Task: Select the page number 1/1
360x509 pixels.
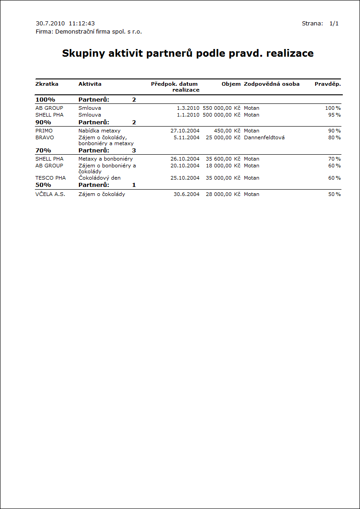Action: coord(334,23)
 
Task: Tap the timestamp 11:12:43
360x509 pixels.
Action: coord(82,23)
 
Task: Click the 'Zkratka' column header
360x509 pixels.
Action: coord(47,84)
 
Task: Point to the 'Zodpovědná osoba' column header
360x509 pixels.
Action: coord(272,84)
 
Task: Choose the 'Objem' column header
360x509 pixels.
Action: coord(231,84)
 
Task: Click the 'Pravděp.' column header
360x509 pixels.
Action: coord(328,84)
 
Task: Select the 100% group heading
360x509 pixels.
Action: coord(45,99)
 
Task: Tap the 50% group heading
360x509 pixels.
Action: coord(43,185)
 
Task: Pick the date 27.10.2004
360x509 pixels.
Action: coord(185,131)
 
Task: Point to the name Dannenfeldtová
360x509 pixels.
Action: coord(264,137)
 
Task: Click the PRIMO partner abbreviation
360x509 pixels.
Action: coord(44,131)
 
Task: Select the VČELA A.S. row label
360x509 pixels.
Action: coord(50,194)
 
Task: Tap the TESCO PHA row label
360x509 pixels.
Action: coord(50,178)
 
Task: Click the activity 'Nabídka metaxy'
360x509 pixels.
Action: coord(99,131)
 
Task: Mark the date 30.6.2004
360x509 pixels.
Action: coord(186,194)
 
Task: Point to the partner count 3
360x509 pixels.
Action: coord(134,150)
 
